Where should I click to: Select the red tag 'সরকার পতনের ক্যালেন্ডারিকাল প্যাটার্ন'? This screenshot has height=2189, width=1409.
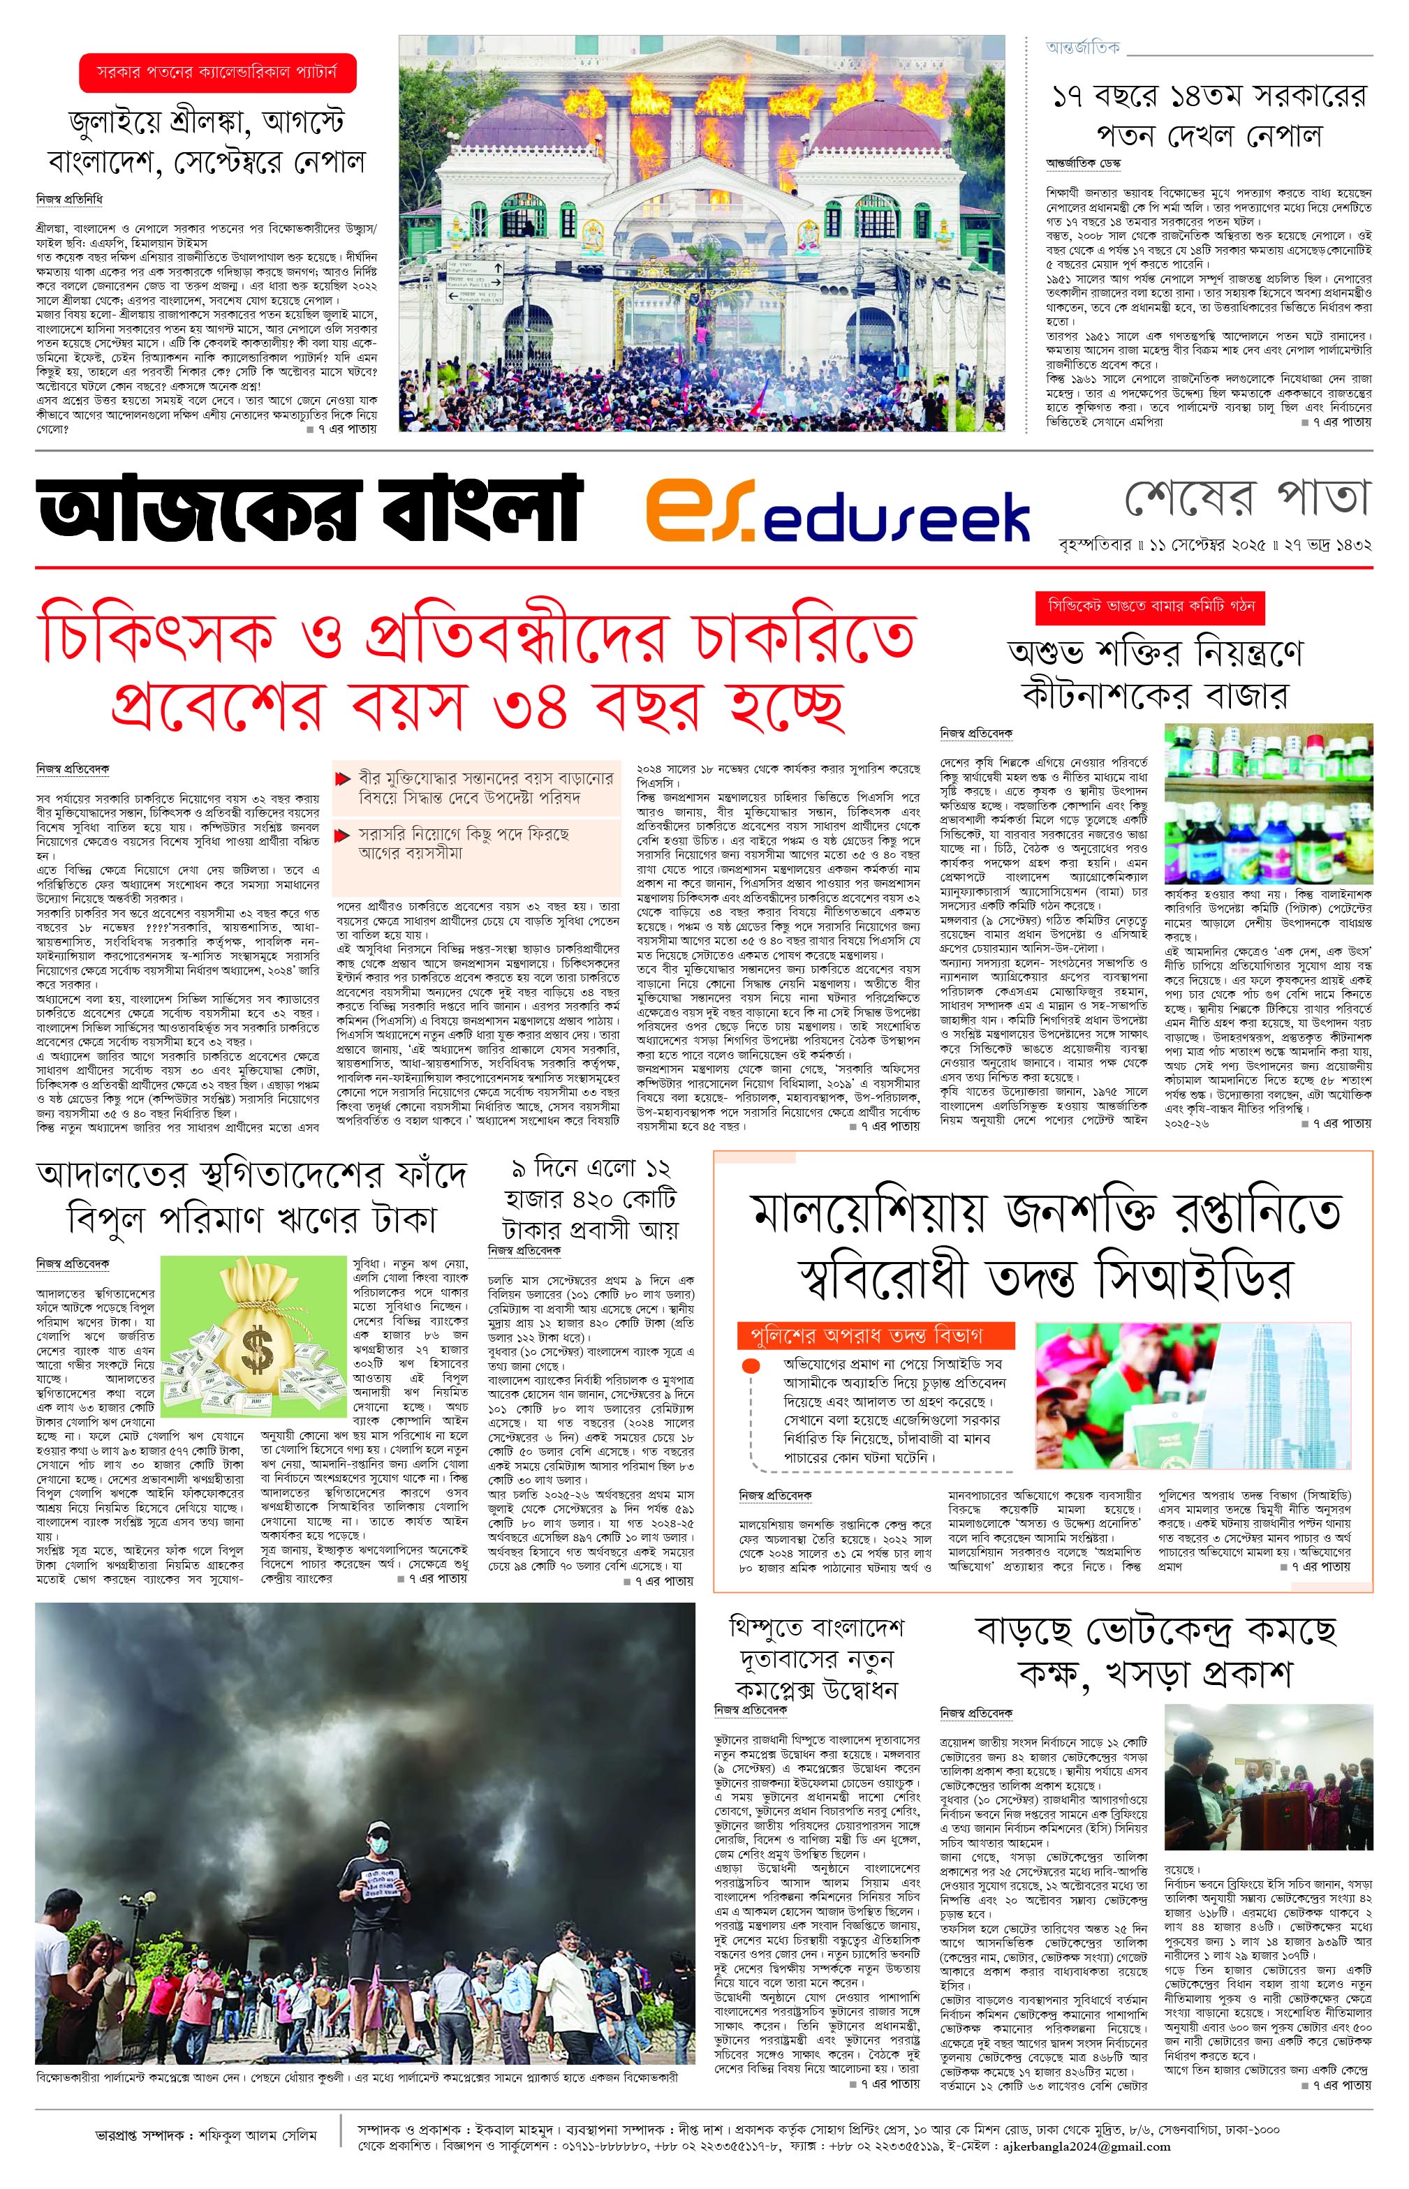[x=217, y=71]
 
